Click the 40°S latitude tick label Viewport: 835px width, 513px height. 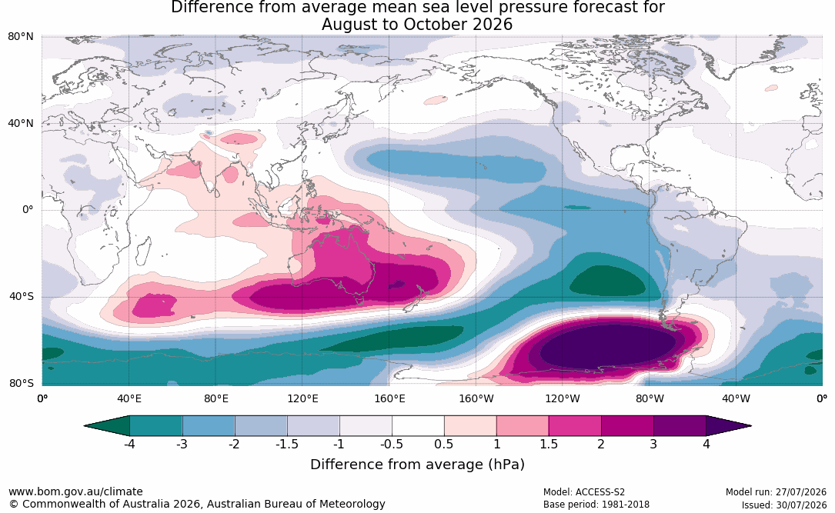point(22,296)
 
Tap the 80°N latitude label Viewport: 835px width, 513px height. point(21,37)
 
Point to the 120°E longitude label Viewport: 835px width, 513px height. point(302,398)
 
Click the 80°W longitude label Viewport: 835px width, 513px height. point(650,398)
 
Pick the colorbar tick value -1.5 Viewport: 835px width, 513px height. point(287,444)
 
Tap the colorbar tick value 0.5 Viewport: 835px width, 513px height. point(443,444)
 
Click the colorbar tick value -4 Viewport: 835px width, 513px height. point(129,444)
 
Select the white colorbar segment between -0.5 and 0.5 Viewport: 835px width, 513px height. point(418,426)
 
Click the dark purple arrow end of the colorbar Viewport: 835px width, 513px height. point(727,426)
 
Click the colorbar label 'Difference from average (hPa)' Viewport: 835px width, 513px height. point(417,465)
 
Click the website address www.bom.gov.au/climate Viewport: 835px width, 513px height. point(75,491)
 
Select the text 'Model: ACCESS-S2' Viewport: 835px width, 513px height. point(584,492)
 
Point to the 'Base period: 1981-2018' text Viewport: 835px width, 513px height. point(596,505)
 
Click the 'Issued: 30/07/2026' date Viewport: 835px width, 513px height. point(784,505)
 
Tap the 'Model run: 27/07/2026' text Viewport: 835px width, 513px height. point(776,492)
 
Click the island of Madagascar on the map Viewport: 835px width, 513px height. point(142,252)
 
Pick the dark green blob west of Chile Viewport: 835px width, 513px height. point(608,281)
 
